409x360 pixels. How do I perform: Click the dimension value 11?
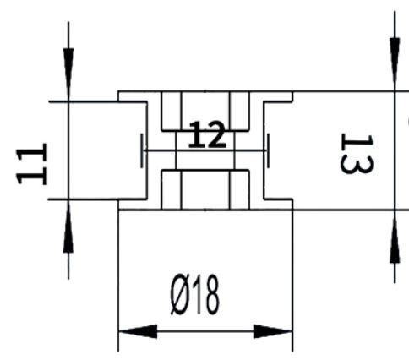coord(32,164)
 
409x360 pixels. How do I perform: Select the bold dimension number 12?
coord(208,134)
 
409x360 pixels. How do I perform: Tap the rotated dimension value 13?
coord(357,154)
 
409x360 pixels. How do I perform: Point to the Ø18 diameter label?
coord(194,294)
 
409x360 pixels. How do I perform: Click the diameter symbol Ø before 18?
coord(180,295)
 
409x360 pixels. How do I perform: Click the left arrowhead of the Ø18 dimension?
coord(138,331)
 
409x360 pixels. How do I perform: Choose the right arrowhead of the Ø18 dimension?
coord(273,331)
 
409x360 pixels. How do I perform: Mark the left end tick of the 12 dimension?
coord(142,150)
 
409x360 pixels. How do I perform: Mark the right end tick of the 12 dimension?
coord(268,150)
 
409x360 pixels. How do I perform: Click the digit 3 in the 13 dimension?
coord(357,163)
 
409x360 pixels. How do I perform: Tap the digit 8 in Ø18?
coord(211,294)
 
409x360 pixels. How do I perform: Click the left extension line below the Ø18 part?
coord(118,281)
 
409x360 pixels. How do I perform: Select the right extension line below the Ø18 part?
coord(292,281)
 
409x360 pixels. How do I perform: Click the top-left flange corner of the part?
coord(118,91)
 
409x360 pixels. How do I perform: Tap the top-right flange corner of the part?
coord(292,91)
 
